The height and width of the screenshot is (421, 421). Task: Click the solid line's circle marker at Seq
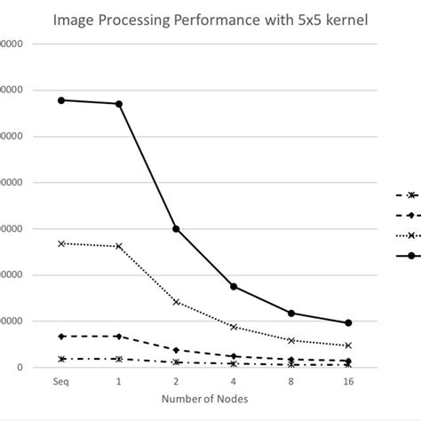[60, 100]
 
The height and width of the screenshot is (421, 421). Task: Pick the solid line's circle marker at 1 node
[118, 104]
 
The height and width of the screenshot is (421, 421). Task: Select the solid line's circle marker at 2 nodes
[176, 228]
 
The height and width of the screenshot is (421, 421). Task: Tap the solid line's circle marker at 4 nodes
[233, 286]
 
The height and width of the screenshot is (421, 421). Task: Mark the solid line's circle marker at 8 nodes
[290, 313]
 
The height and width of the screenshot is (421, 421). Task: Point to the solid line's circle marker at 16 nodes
[348, 322]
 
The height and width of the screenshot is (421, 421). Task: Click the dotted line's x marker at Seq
[60, 243]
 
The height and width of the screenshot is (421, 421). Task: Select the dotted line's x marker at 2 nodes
[176, 302]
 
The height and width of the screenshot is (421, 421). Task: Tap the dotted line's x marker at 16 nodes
[348, 346]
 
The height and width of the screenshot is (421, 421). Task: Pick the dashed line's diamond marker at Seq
[60, 336]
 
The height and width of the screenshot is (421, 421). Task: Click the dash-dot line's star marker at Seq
[60, 359]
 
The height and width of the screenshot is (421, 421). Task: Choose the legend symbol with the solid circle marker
[410, 256]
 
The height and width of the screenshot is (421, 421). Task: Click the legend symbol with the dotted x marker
[410, 235]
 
